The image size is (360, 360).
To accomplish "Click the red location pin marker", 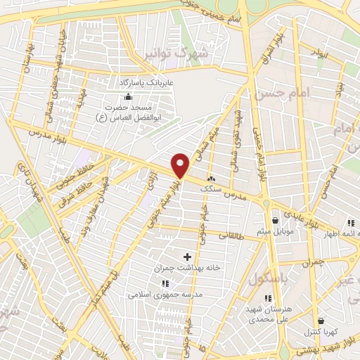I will [181, 165].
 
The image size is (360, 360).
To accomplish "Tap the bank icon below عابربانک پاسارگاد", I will [127, 96].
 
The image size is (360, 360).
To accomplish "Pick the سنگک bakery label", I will [211, 188].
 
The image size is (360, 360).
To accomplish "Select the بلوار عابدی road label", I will [303, 213].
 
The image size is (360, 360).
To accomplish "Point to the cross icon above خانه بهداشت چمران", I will [187, 257].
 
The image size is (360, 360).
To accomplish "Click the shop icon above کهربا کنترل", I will [321, 321].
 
